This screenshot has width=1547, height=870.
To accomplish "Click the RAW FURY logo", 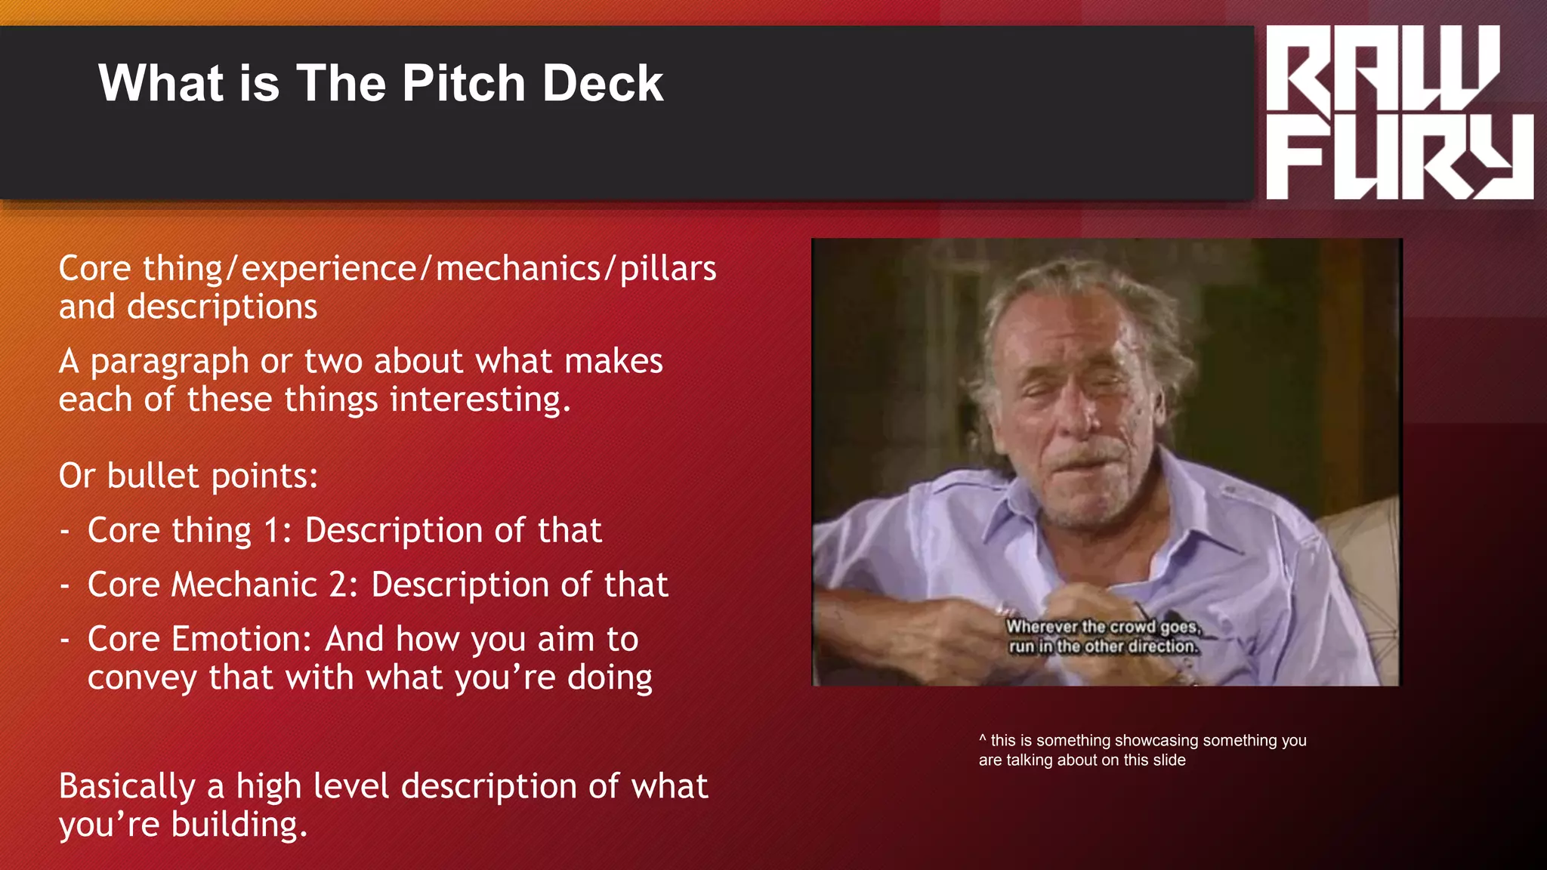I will click(x=1398, y=112).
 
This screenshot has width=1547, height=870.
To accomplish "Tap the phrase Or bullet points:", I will click(x=189, y=477).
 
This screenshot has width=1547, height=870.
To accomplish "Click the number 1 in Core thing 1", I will click(x=273, y=531).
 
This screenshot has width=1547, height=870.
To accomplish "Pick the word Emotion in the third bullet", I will click(x=242, y=640).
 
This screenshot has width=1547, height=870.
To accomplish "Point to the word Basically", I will click(x=127, y=787).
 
